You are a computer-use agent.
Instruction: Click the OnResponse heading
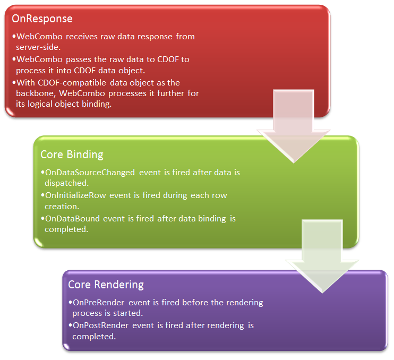pos(42,19)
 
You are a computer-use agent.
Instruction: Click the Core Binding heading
pos(72,155)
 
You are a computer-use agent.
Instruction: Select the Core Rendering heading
pos(106,285)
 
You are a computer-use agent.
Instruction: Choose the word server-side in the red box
pos(36,47)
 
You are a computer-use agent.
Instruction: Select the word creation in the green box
pos(61,206)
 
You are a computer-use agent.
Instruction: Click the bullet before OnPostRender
pos(70,325)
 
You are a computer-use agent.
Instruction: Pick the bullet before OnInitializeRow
pos(42,195)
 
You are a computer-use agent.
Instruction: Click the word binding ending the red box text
pos(97,105)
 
